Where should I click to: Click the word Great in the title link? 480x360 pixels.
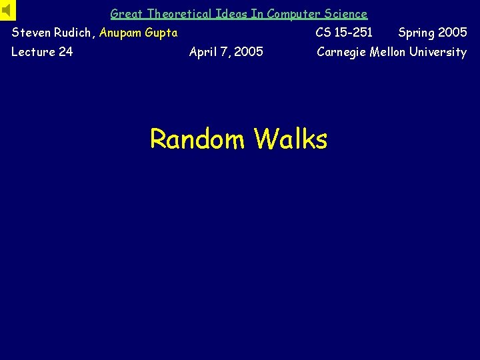(124, 14)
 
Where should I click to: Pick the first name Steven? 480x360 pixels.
(31, 33)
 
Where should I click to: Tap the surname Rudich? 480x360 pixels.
(75, 33)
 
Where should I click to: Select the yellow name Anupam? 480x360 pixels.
(121, 33)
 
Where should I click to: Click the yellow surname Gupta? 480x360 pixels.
(162, 33)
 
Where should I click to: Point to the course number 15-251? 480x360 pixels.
(354, 33)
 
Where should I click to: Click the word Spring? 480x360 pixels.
(416, 33)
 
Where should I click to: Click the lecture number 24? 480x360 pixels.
(65, 52)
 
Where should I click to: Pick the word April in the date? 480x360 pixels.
(204, 52)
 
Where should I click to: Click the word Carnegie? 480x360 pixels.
(343, 52)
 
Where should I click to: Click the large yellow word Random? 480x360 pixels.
(198, 139)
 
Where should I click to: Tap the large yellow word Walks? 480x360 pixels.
(291, 139)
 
